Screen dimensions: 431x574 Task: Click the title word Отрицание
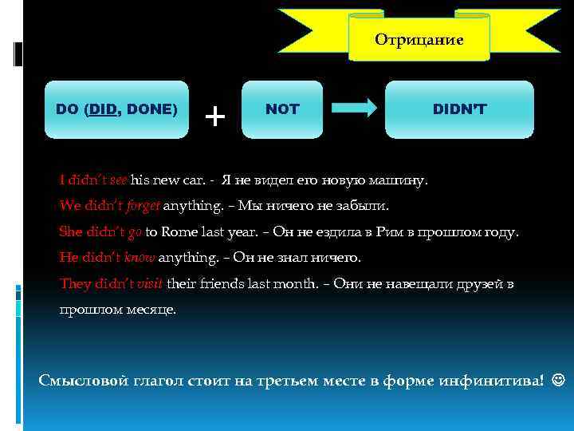point(419,40)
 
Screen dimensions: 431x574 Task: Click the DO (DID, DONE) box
point(116,109)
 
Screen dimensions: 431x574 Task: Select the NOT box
point(282,109)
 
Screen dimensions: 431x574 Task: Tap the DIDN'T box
point(458,109)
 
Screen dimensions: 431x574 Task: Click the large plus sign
point(214,117)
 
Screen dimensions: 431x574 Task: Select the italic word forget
point(144,206)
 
